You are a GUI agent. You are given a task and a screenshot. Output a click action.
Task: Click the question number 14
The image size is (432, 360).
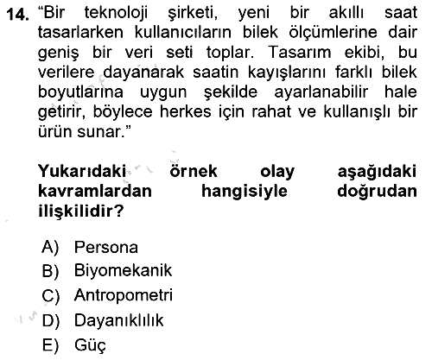coord(17,14)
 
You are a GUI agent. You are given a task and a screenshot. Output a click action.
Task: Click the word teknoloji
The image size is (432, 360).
coord(116,14)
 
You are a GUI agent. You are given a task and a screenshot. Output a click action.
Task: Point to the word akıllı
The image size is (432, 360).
coord(346,13)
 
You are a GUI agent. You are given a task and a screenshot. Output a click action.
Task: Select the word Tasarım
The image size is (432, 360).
coord(300,53)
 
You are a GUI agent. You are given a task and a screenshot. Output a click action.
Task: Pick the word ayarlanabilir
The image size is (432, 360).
coord(321,92)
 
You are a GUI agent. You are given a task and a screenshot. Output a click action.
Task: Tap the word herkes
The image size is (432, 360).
coord(185,112)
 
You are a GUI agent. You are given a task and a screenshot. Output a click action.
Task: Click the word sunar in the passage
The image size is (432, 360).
coord(98,132)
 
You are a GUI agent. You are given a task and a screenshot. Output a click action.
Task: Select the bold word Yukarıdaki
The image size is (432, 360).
coord(82,171)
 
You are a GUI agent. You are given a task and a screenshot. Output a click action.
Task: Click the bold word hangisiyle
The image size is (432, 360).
coord(245,192)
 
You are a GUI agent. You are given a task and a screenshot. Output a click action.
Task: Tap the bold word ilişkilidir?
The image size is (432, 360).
coord(81,211)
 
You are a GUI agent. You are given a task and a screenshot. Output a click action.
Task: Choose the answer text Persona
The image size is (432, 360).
coord(106,247)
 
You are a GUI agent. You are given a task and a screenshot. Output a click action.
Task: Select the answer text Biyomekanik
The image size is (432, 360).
coord(123,271)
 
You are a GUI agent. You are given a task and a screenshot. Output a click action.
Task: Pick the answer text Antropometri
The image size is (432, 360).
coord(124,295)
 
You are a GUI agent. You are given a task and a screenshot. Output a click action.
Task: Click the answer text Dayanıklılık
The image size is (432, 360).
coord(118,320)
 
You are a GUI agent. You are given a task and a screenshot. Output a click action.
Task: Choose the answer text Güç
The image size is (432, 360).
coord(90,345)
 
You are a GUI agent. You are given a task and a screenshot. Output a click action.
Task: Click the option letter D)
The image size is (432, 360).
coord(51,321)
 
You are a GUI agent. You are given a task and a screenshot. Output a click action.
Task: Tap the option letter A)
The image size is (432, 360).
coord(50,248)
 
